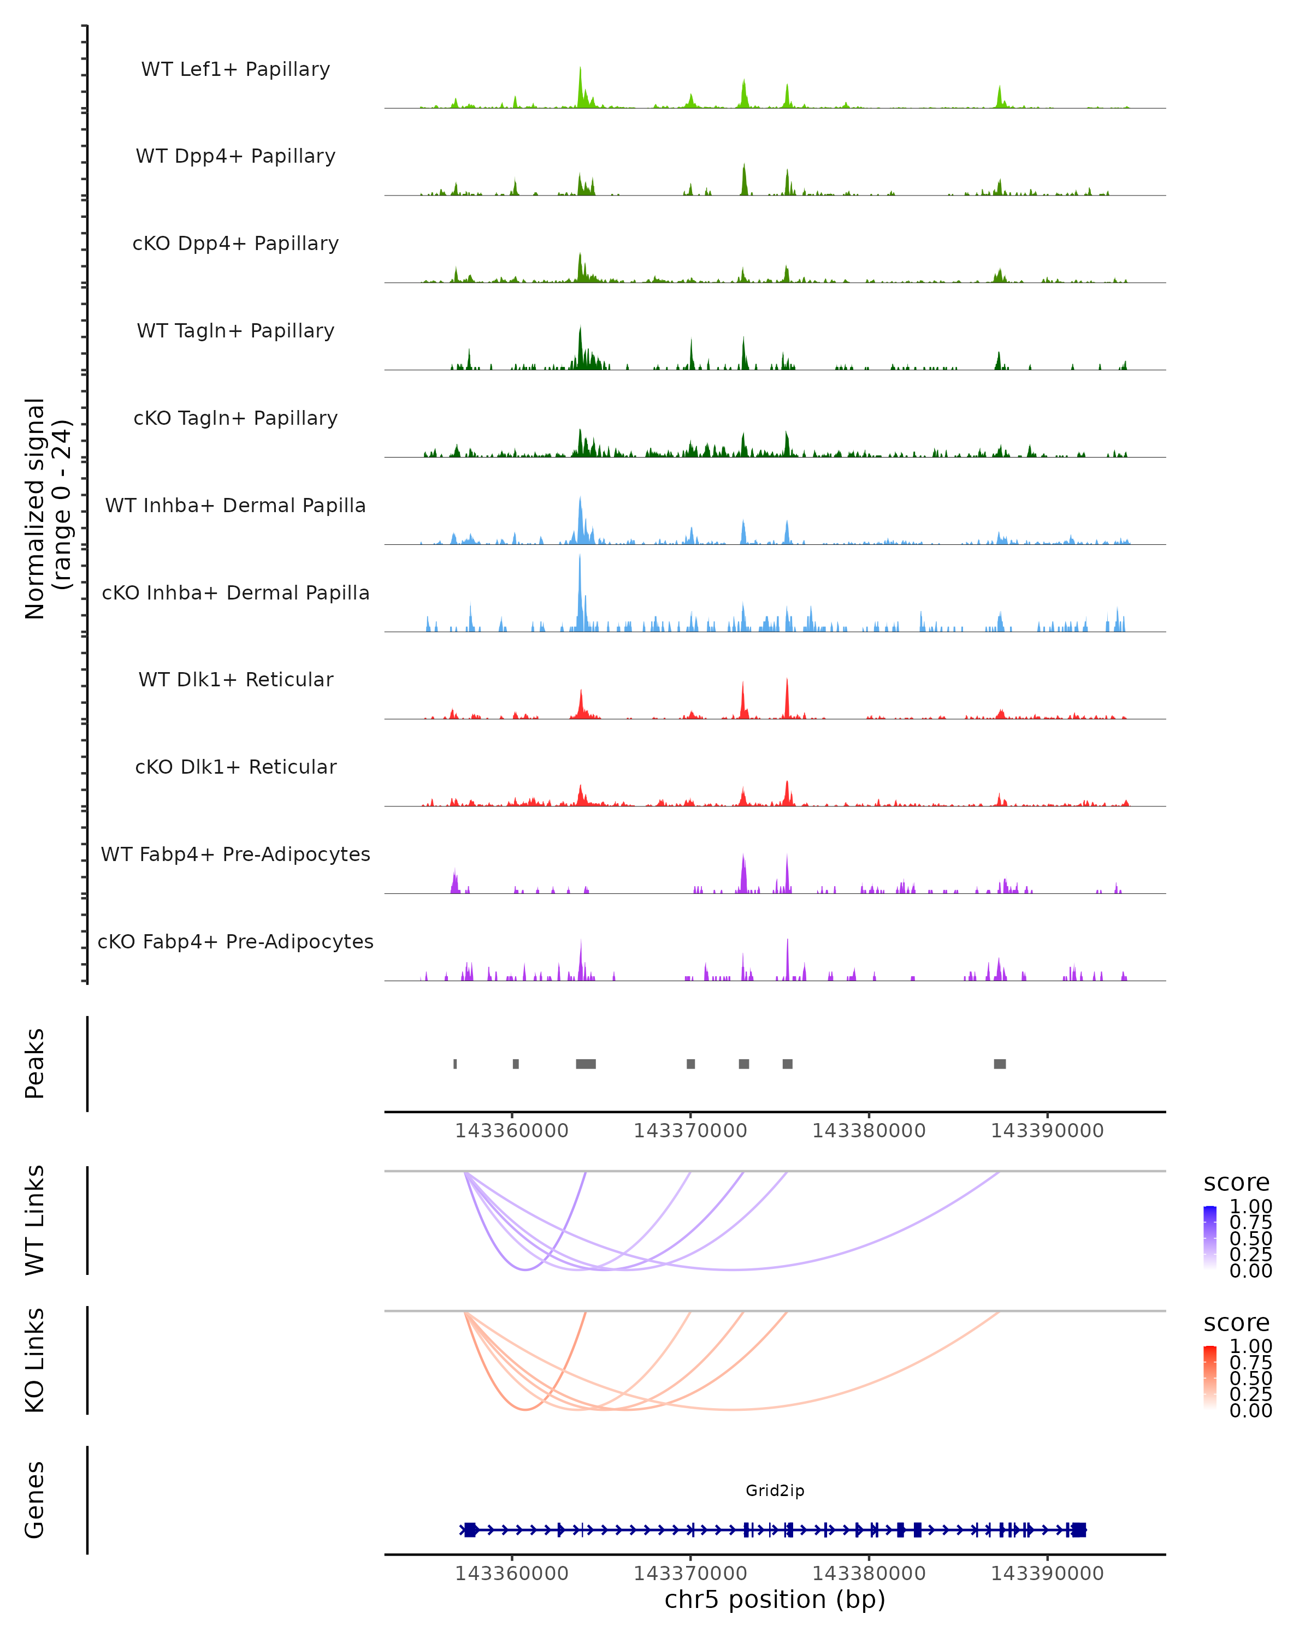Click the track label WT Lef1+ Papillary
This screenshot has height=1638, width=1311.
tap(235, 69)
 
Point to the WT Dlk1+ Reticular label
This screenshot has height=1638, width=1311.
tap(235, 679)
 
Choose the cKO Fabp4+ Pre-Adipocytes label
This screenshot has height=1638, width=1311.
tap(235, 941)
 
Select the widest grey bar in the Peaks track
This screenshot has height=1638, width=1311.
tap(586, 1064)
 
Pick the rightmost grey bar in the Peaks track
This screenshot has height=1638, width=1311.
tap(1000, 1064)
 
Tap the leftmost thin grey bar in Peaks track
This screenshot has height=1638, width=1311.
tap(455, 1064)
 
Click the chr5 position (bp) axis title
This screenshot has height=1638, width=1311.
tap(775, 1599)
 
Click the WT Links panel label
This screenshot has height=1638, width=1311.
tap(35, 1220)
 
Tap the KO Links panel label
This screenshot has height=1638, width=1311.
tap(35, 1360)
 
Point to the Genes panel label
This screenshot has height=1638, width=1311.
tap(35, 1500)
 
